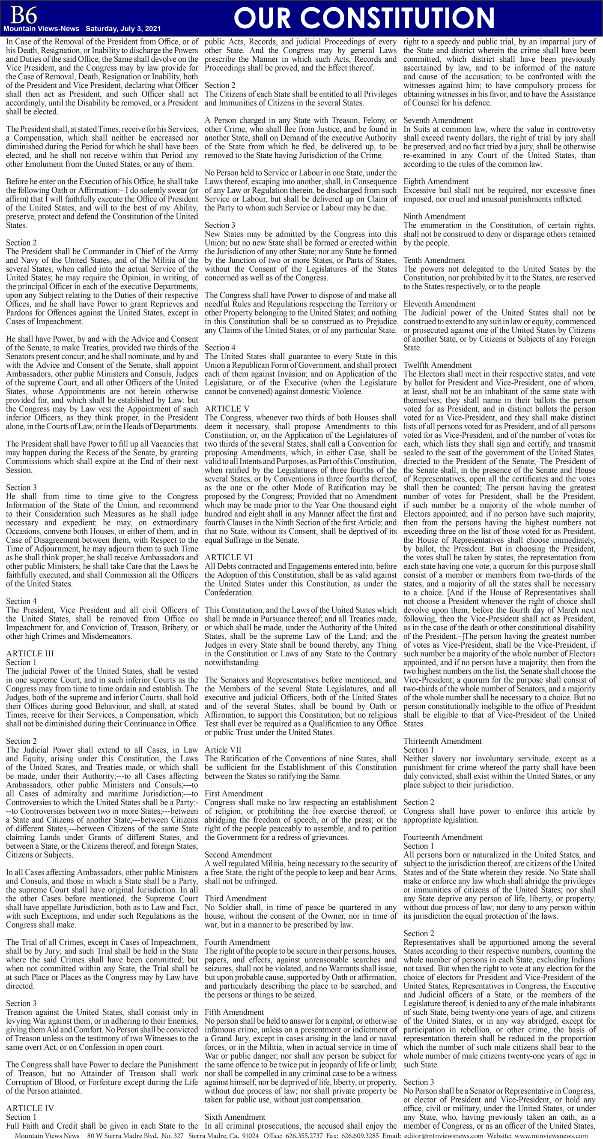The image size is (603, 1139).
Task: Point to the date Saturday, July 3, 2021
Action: (123, 29)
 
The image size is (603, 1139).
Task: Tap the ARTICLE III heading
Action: (30, 653)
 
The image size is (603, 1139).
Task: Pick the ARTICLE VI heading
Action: (229, 557)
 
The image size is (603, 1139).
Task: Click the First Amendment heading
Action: (233, 793)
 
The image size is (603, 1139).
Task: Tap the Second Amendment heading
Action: (238, 854)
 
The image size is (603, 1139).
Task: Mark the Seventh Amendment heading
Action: (438, 120)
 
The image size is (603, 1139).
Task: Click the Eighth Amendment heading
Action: (436, 181)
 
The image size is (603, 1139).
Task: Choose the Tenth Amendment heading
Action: (434, 260)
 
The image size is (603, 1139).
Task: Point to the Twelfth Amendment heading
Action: (437, 365)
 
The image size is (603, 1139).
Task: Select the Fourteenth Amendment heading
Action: (443, 837)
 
